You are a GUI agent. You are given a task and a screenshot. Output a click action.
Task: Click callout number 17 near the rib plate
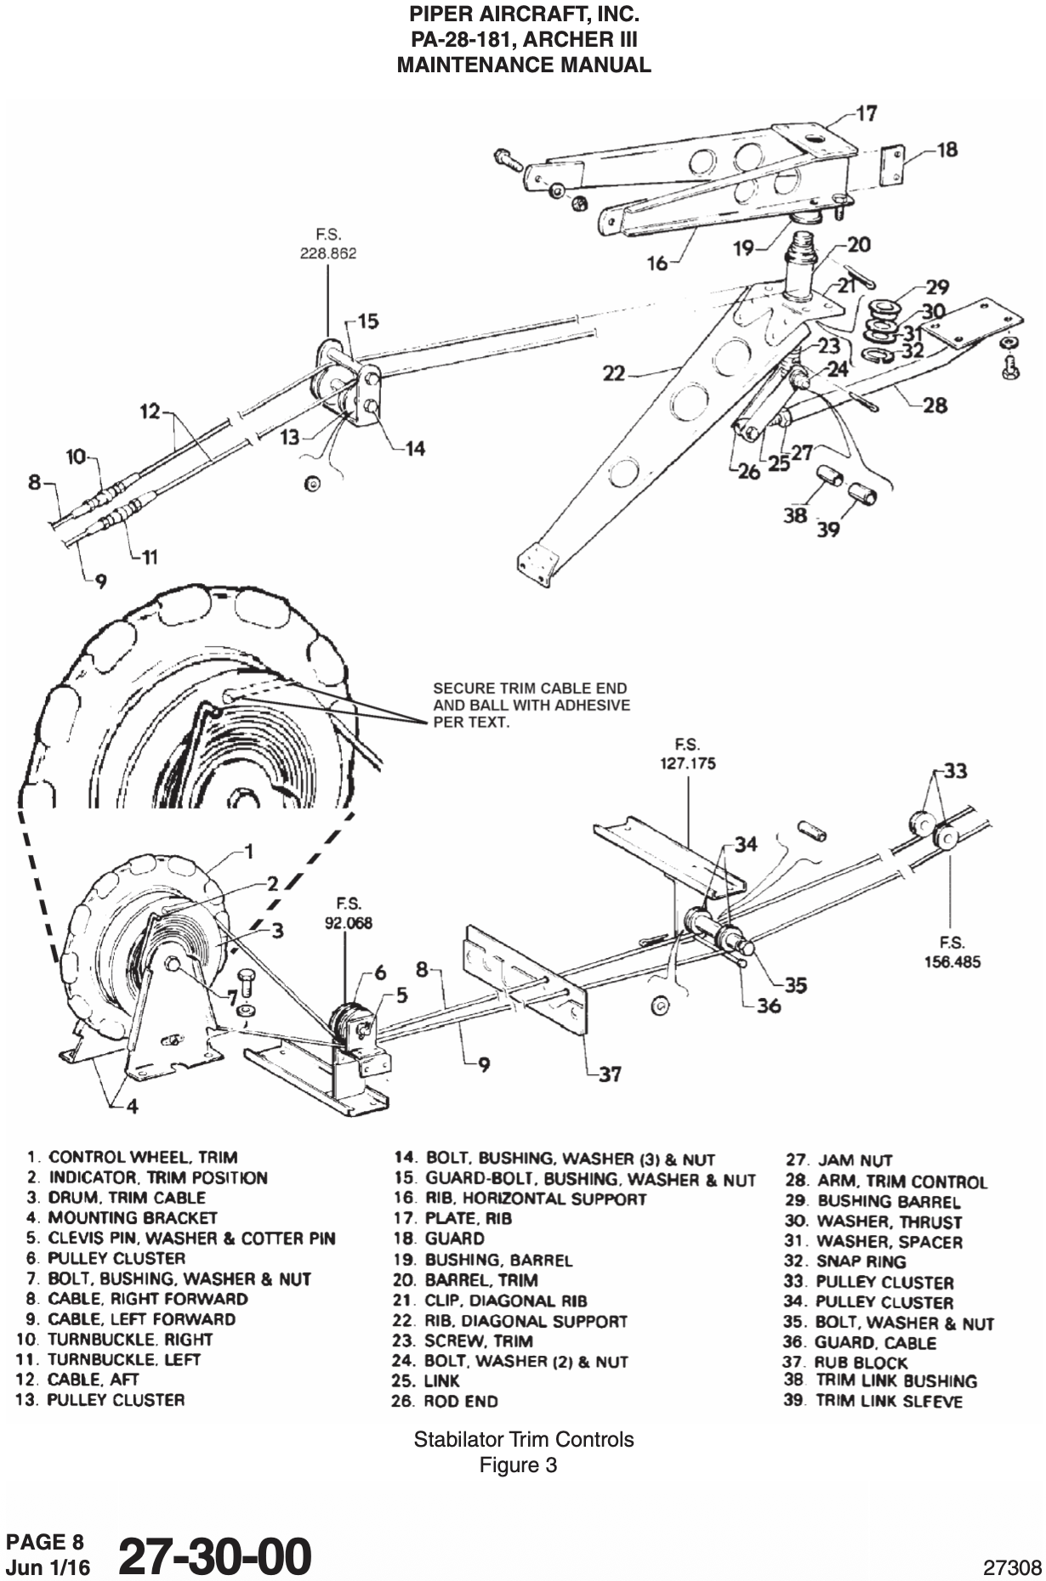(867, 113)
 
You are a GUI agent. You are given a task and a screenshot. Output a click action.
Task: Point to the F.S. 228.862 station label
(327, 245)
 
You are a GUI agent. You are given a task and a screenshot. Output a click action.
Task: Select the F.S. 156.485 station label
(952, 952)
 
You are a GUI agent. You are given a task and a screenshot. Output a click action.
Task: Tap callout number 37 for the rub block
(609, 1074)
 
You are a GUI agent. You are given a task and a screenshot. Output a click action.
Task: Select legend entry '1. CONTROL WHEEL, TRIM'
(131, 1157)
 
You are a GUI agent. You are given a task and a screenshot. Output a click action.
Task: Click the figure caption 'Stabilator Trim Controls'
(523, 1440)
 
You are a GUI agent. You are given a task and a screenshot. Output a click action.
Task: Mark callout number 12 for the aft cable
(150, 411)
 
